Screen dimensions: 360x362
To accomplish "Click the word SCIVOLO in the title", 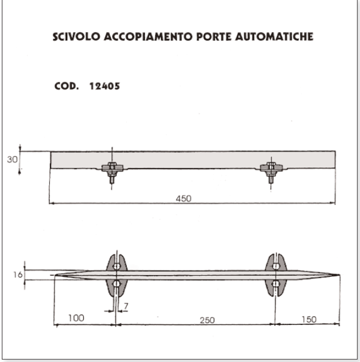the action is click(x=76, y=37).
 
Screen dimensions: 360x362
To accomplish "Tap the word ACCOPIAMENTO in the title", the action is click(x=148, y=37).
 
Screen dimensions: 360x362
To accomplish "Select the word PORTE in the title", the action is click(x=214, y=37).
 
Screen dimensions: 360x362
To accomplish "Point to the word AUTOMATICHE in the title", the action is click(x=274, y=37).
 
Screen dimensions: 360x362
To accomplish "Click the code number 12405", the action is click(x=105, y=86).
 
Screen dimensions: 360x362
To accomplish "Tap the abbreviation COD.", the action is click(x=67, y=86).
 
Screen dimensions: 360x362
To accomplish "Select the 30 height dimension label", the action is click(x=12, y=160).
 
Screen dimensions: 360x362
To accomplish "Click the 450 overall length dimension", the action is click(x=184, y=199).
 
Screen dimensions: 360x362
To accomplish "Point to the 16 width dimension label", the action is click(x=18, y=274).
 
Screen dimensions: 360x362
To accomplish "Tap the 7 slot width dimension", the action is click(x=126, y=306).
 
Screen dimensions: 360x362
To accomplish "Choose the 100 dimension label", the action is click(x=76, y=318).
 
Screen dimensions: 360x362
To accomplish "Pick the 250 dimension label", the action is click(x=207, y=320).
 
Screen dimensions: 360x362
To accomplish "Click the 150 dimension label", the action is click(x=309, y=319).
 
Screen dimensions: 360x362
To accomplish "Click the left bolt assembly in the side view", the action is click(x=112, y=171).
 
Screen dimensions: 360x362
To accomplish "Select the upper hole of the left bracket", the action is click(x=117, y=266).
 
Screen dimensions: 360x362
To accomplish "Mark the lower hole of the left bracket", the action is click(x=117, y=284).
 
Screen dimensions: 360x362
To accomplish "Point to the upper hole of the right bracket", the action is click(x=276, y=266).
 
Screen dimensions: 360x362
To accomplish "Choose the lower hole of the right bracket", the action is click(x=276, y=284).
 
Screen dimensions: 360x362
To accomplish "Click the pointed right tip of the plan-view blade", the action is click(x=339, y=275).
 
